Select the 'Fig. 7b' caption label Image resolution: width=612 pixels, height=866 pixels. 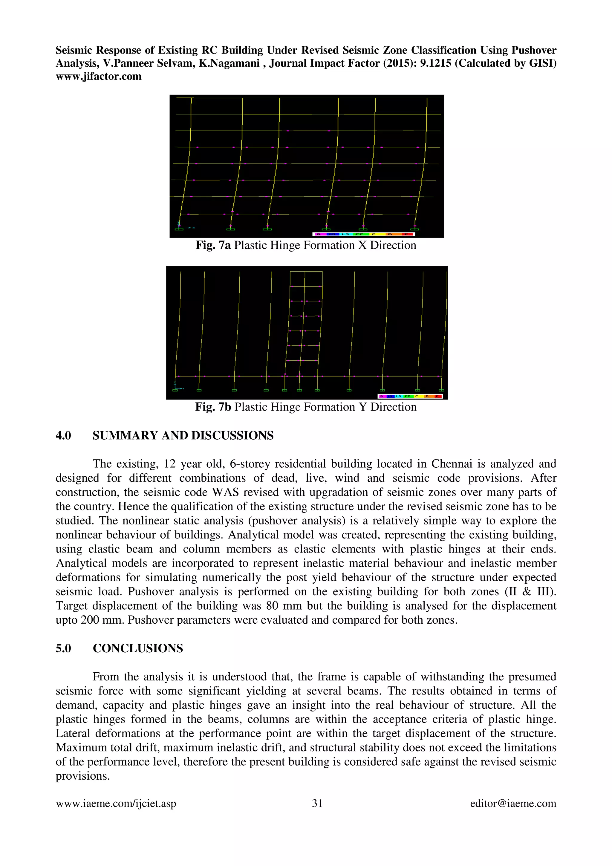point(213,407)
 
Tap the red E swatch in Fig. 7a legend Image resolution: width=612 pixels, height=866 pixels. point(407,234)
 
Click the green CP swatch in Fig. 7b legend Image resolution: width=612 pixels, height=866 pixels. point(407,396)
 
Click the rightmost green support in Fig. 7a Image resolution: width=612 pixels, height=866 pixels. point(414,229)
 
